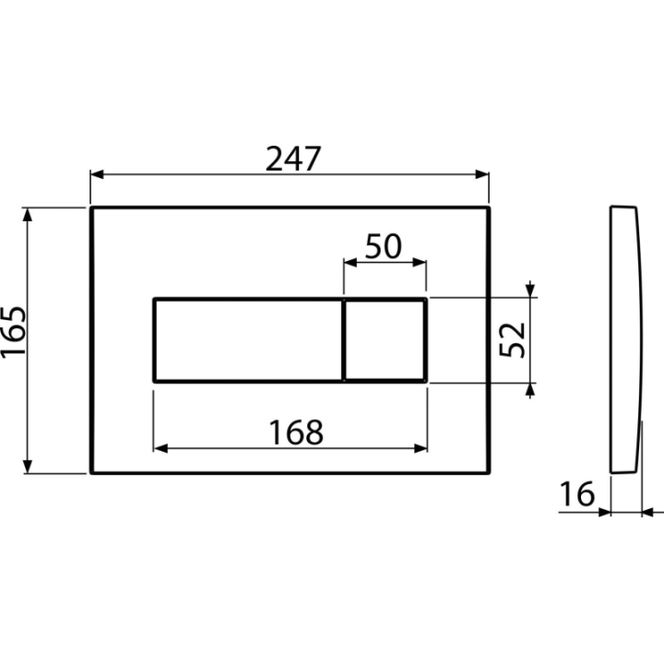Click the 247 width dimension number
[293, 159]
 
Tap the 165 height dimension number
[14, 332]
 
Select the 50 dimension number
[384, 246]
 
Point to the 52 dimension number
[513, 339]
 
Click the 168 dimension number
[296, 433]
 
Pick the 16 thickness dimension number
[577, 493]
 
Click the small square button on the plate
[384, 340]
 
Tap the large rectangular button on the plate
[248, 340]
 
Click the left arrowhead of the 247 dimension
[97, 174]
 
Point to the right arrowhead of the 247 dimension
[482, 174]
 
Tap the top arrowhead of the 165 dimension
[28, 215]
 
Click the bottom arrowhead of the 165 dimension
[28, 467]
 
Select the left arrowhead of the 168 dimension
[160, 448]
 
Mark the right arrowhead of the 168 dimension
[421, 448]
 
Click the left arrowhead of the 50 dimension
[350, 263]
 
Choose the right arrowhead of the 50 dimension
[420, 263]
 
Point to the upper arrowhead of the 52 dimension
[530, 290]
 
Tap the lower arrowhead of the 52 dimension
[530, 390]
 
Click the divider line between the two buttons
[343, 340]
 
